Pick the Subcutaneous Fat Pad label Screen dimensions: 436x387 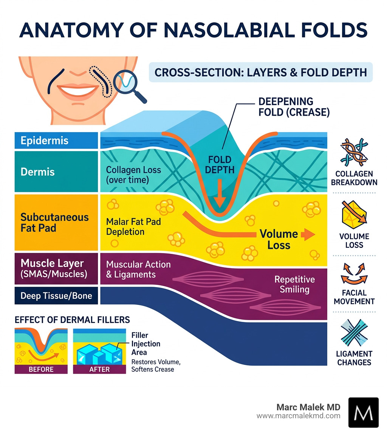pos(54,223)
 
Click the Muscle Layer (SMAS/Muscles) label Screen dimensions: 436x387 pos(54,268)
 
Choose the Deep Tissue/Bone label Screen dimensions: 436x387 pos(56,295)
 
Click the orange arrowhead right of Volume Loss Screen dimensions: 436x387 pos(308,235)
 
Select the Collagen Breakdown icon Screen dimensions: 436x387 pos(355,153)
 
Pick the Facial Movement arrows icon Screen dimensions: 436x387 pos(354,274)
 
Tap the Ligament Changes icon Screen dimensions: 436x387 pos(354,332)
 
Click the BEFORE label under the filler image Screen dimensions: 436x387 pos(41,370)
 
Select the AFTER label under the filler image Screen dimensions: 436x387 pos(99,370)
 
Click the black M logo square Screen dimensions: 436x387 pos(363,412)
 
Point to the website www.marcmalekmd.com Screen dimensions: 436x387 pos(298,416)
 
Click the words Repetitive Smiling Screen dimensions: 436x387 pos(294,284)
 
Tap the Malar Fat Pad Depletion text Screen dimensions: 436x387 pos(133,227)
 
